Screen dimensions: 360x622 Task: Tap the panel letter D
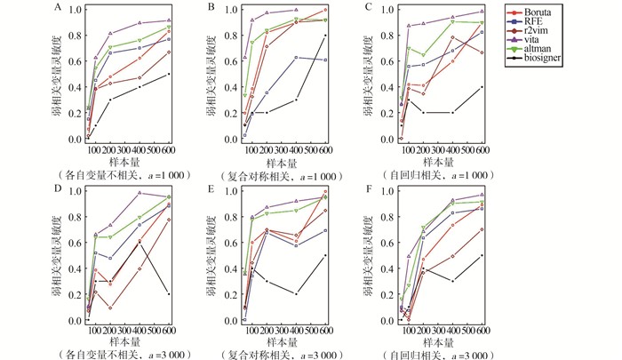(58, 189)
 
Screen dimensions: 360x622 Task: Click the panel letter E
(212, 189)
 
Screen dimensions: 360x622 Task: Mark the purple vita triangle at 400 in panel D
(139, 192)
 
